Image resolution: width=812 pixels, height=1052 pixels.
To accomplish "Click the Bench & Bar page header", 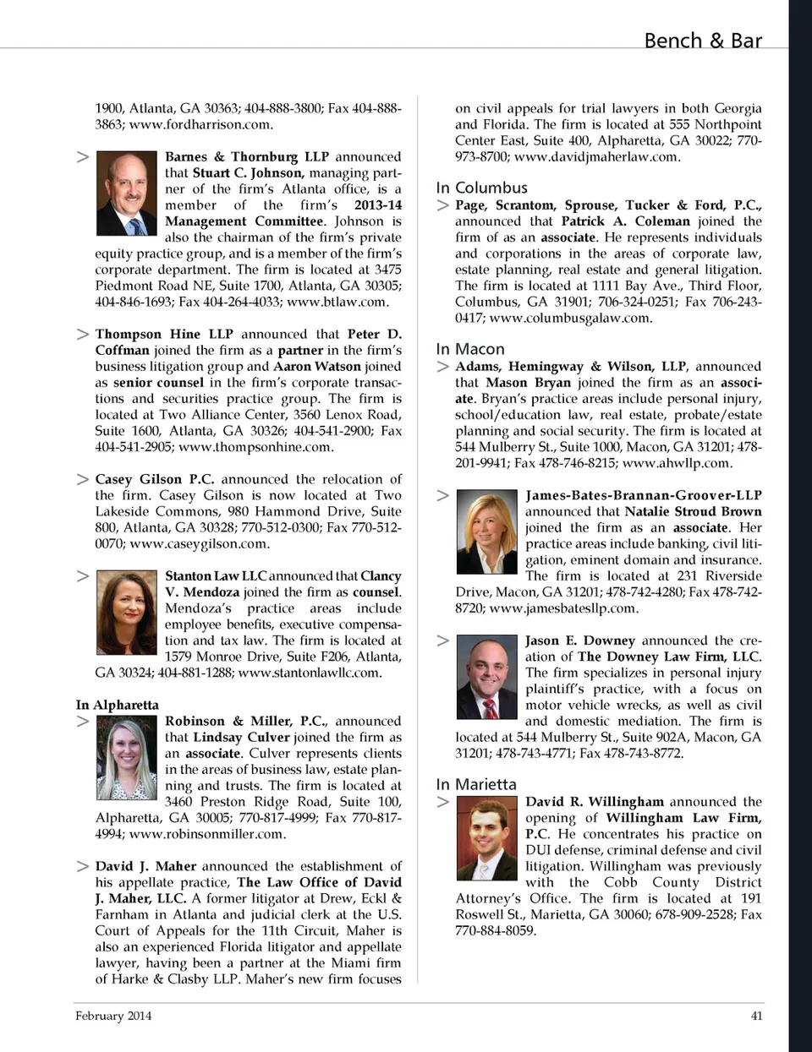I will pos(702,41).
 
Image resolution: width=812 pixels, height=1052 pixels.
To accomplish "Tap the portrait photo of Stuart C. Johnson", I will pos(127,193).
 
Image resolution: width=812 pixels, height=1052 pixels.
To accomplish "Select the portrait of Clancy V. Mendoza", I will pos(127,613).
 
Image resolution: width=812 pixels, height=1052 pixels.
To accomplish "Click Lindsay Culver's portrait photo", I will pos(127,757).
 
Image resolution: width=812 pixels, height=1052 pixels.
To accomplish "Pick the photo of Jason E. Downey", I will pos(486,677).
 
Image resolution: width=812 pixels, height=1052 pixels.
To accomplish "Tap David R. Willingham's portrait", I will pos(486,838).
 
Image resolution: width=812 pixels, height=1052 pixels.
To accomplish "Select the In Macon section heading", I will pos(470,349).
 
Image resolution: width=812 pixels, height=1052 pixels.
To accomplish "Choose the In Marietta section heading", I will pos(476,784).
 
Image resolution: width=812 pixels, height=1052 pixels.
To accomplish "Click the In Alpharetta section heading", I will pos(117,705).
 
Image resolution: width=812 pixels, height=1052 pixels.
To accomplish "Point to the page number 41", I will pos(756,1016).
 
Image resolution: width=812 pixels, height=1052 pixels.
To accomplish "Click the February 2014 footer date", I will pos(113,1016).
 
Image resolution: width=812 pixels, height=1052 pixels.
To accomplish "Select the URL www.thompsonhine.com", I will pos(256,446).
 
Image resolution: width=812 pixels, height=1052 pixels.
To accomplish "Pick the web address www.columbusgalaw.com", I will pos(571,318).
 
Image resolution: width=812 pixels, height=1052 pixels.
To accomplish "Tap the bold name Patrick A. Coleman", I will pos(626,221).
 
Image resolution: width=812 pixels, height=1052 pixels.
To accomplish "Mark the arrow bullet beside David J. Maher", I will pos(82,866).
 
